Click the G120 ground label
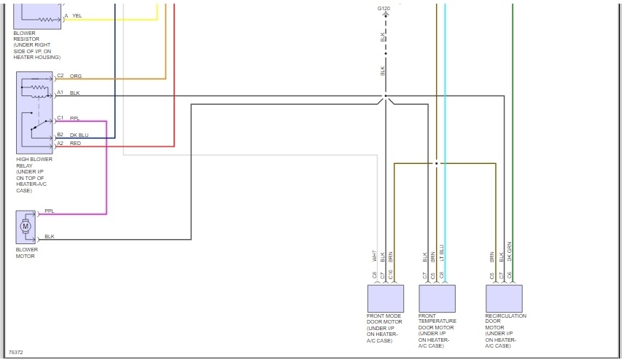[x=384, y=8]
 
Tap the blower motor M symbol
[x=26, y=227]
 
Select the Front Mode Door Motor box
[x=385, y=298]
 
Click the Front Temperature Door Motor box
[x=437, y=298]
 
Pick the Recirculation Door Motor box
[x=504, y=298]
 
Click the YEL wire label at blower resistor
[x=77, y=15]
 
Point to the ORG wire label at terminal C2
[x=76, y=75]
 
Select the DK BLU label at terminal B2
[x=79, y=135]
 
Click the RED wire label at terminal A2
[x=76, y=143]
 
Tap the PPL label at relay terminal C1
[x=75, y=117]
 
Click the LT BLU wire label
[x=442, y=254]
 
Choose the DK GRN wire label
[x=510, y=252]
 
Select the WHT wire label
[x=375, y=256]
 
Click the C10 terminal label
[x=391, y=275]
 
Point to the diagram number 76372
[x=15, y=352]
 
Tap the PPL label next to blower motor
[x=50, y=211]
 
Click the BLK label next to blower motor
[x=50, y=236]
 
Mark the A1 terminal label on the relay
[x=61, y=93]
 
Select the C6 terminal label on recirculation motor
[x=510, y=275]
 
